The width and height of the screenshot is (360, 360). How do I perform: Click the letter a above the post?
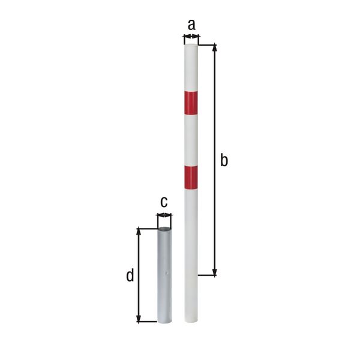191,25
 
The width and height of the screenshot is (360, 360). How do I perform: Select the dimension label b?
224,160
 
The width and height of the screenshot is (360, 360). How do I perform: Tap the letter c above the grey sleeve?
163,202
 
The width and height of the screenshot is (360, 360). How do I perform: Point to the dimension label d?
130,275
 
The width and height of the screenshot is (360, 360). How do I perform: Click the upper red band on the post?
191,103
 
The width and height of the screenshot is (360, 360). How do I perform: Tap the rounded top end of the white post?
190,44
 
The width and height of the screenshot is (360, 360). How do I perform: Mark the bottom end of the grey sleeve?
164,320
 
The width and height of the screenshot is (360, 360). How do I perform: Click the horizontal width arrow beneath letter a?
190,38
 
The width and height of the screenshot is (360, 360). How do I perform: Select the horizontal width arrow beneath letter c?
164,215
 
